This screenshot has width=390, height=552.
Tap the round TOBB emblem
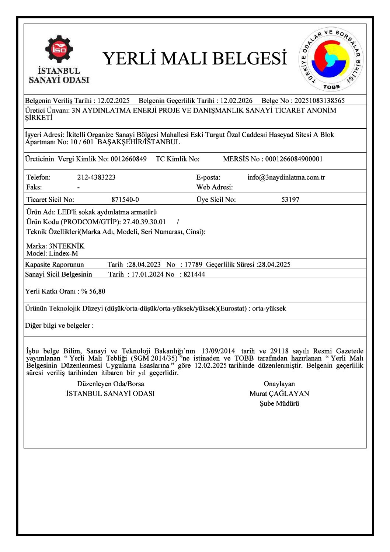[x=331, y=60]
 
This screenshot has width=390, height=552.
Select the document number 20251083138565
[x=319, y=101]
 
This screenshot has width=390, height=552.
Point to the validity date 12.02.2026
[x=236, y=101]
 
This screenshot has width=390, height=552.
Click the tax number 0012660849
[x=129, y=159]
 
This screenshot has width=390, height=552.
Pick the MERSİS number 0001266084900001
[x=294, y=159]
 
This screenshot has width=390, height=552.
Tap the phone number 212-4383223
[x=96, y=177]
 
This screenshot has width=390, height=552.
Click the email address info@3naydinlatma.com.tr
[x=286, y=177]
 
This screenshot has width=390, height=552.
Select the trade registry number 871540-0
[x=125, y=200]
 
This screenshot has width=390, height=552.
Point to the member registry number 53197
[x=290, y=200]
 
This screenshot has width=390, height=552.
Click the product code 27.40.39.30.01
[x=144, y=222]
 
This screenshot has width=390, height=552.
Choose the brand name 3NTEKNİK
[x=66, y=246]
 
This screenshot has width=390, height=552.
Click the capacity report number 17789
[x=194, y=264]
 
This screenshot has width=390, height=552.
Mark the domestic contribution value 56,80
[x=97, y=291]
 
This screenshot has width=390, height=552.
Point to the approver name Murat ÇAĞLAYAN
[x=279, y=394]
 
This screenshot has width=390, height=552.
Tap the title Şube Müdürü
[x=279, y=403]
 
